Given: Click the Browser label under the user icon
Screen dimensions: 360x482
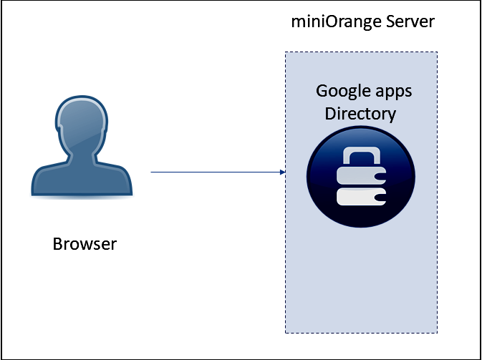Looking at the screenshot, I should coord(85,244).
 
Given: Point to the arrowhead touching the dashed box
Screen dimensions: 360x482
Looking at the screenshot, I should coord(282,172).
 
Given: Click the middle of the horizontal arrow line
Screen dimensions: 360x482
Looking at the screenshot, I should coord(217,172).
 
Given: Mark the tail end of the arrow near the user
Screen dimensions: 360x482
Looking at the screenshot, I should coord(152,172).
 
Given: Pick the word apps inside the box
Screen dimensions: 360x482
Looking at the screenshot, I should coord(394,93).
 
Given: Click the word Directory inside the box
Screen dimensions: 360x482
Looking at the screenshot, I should coord(360,114).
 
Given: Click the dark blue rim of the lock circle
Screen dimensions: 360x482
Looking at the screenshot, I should coord(312,175).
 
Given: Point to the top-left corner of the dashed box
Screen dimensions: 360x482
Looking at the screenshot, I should coord(285,52).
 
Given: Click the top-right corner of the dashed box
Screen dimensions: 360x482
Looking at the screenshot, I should coord(437,52).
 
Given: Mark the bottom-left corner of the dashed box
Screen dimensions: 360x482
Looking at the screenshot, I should coord(285,333).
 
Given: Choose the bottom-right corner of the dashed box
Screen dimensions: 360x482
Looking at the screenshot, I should coord(437,333).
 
